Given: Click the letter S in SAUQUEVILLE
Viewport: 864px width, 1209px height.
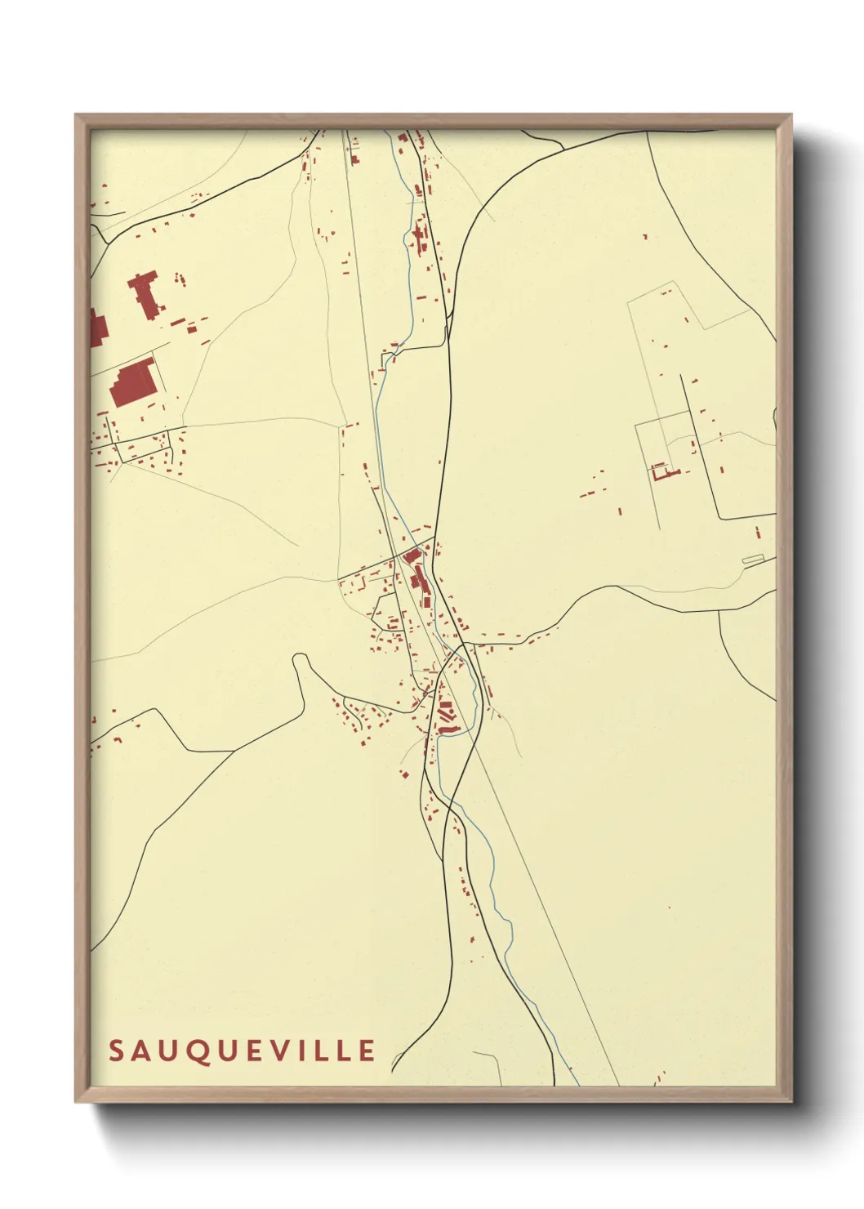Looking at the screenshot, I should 116,1051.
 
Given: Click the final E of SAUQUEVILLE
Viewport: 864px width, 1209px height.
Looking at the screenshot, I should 367,1051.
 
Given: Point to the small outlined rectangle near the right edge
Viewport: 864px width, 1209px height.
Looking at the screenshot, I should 752,560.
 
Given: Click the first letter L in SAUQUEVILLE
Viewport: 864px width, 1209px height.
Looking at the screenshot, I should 323,1051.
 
